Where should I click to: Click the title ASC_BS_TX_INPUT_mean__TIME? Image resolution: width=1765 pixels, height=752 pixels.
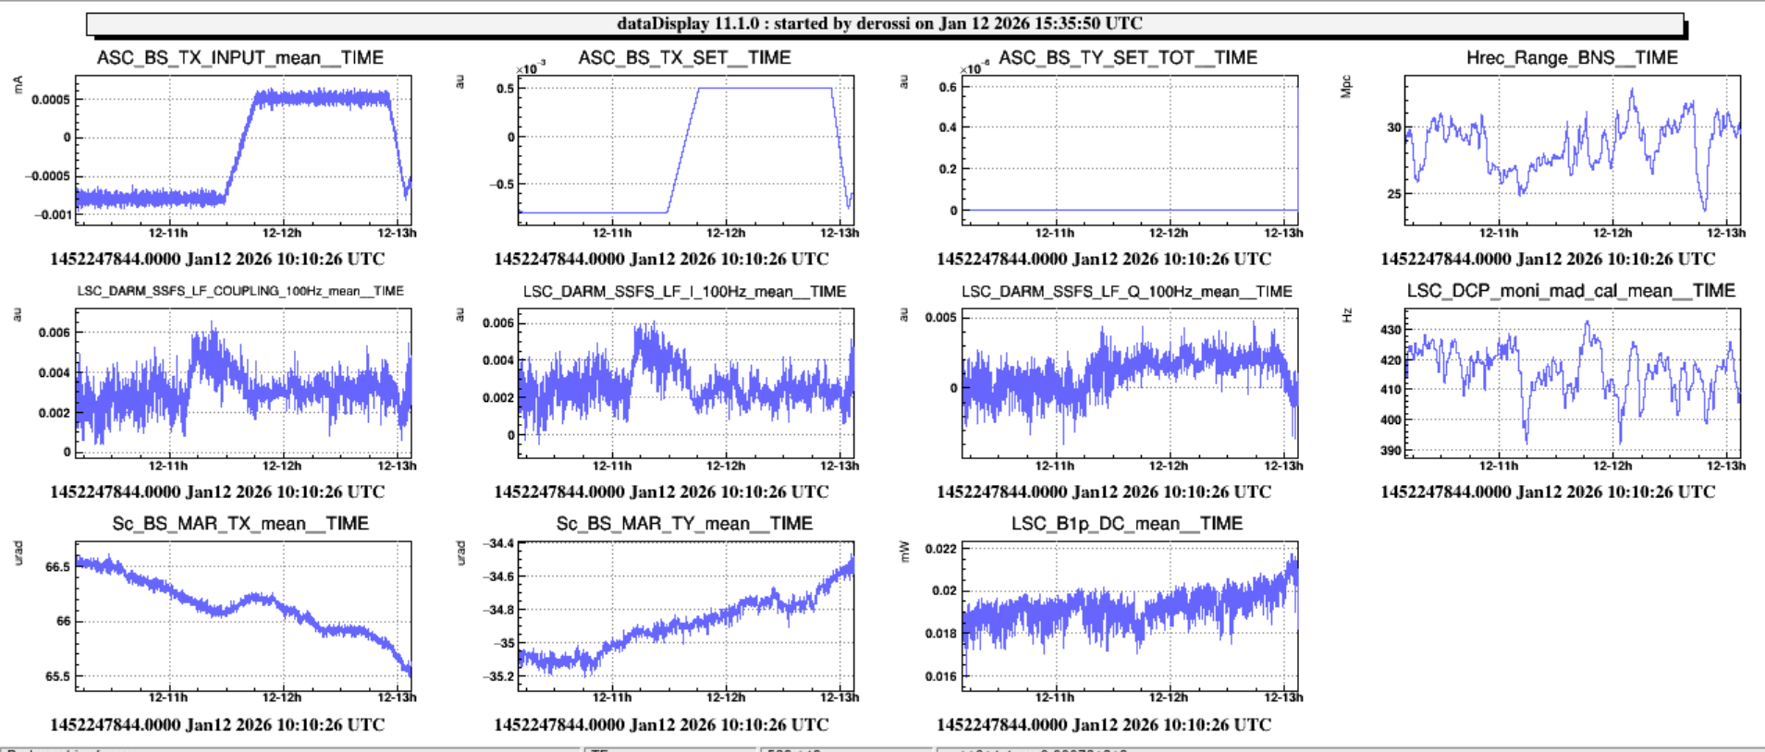(x=239, y=57)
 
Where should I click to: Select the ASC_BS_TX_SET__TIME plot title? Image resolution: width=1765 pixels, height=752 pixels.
(x=684, y=57)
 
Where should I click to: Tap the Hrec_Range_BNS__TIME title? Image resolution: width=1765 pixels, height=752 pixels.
(x=1572, y=57)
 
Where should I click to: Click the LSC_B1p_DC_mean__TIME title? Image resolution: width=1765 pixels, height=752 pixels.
(x=1126, y=524)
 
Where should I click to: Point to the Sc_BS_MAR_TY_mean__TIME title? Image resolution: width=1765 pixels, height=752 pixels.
(x=684, y=524)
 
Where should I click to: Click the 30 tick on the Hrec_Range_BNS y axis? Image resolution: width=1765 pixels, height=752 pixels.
(x=1393, y=127)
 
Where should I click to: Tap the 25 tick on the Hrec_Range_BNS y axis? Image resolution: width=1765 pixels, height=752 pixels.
(x=1393, y=194)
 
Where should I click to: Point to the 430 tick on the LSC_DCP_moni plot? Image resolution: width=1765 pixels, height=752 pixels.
(x=1391, y=330)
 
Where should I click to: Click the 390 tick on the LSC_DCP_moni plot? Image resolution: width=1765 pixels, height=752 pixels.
(x=1391, y=451)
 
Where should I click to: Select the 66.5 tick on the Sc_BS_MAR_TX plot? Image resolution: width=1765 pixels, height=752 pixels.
(x=57, y=566)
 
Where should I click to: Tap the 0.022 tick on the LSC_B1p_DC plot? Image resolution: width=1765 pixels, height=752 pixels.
(x=941, y=549)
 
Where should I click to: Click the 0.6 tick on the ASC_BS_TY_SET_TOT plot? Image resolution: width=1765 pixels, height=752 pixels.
(x=948, y=88)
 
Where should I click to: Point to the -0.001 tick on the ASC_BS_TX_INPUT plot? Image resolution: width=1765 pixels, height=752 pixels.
(x=53, y=214)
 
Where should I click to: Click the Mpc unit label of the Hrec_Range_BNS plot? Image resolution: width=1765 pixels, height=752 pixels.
(x=1346, y=87)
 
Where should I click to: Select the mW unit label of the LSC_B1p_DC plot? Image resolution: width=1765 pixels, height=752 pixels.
(x=904, y=552)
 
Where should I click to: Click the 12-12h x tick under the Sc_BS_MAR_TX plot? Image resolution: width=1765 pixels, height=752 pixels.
(x=282, y=697)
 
